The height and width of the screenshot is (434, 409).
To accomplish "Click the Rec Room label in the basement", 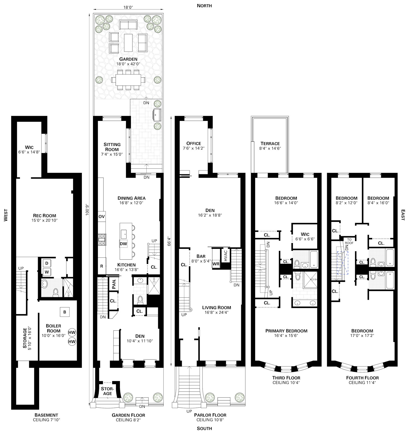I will click(44, 215).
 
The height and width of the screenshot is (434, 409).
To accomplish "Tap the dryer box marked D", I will click(47, 263).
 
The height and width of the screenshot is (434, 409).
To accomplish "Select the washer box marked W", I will click(47, 272).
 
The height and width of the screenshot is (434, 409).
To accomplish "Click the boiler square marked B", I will click(65, 312).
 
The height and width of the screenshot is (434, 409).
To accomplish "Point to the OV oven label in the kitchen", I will click(101, 216).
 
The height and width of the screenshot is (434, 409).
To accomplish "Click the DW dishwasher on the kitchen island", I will click(123, 244).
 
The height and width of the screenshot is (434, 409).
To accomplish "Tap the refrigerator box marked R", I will click(101, 266).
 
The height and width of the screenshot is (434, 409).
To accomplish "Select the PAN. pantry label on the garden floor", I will click(114, 284).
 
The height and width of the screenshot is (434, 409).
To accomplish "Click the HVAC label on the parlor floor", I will click(225, 256).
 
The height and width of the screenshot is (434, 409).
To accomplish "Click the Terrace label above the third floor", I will click(270, 143).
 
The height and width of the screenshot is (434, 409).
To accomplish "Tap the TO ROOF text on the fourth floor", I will click(349, 241).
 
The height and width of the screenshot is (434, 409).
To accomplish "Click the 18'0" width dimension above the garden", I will click(128, 7).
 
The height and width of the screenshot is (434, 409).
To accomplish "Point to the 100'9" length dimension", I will click(87, 210).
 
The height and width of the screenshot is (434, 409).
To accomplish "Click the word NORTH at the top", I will click(204, 6).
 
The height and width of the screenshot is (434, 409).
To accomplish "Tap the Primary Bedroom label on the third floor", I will click(286, 331).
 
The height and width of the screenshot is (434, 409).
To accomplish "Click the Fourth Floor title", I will click(362, 378).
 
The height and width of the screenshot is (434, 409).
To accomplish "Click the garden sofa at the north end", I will click(128, 25).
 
